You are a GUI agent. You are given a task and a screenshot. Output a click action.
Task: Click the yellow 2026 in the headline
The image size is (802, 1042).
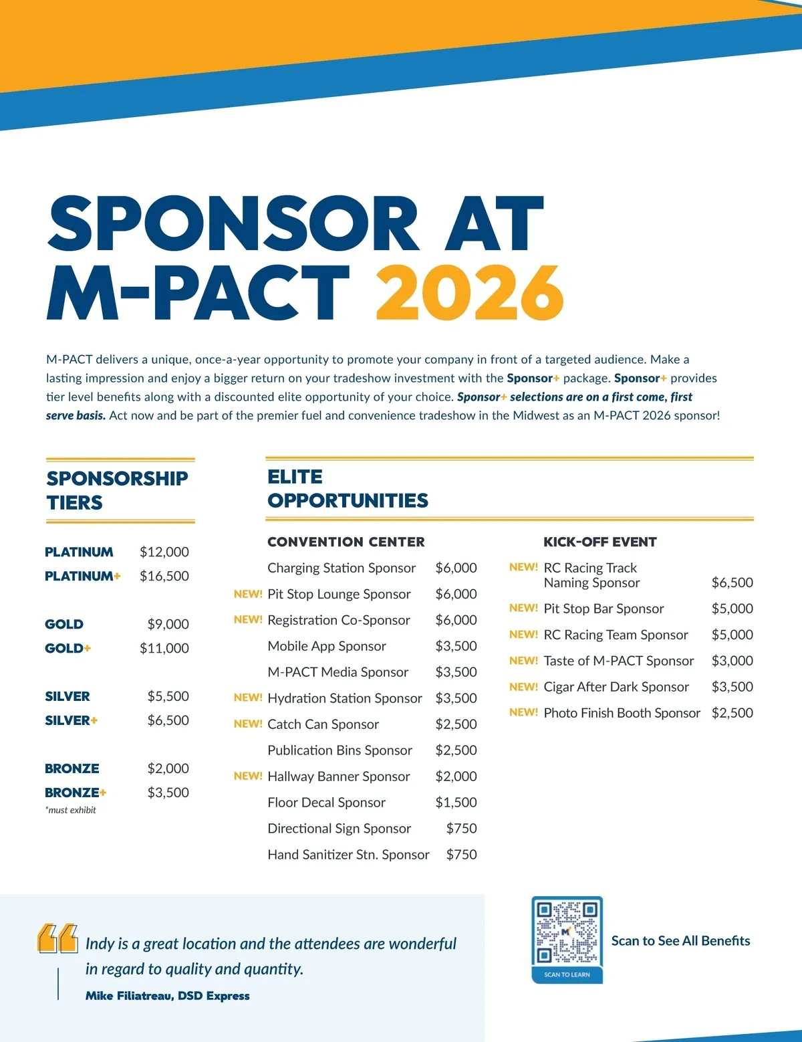[470, 292]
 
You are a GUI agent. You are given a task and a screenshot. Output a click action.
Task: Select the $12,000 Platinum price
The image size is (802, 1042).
[164, 552]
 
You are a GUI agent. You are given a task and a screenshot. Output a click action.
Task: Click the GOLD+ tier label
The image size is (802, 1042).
[68, 648]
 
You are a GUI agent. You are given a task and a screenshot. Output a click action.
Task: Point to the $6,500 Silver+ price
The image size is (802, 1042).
[168, 720]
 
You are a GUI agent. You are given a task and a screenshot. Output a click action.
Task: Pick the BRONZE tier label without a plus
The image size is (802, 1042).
[72, 768]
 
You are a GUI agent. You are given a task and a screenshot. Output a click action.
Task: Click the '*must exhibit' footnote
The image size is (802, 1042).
[71, 810]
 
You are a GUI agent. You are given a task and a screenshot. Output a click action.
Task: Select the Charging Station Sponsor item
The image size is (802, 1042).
[342, 568]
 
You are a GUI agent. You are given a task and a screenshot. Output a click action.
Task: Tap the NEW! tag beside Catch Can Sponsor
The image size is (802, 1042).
[248, 724]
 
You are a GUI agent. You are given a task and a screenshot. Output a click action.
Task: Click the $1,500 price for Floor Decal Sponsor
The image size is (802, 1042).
[456, 803]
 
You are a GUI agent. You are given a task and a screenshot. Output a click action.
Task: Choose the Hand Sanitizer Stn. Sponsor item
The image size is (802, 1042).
[348, 855]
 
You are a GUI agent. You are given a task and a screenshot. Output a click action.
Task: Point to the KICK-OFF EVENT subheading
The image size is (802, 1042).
[600, 542]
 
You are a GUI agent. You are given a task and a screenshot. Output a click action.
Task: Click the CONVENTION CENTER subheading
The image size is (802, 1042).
[346, 542]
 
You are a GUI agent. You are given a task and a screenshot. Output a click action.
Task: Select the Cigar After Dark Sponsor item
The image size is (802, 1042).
[616, 687]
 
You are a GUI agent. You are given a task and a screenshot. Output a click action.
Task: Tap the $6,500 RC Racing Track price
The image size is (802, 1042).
[732, 583]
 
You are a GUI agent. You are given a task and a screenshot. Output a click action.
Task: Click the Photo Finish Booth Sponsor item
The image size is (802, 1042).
[622, 713]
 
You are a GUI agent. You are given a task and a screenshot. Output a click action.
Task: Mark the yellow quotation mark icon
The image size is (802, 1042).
[57, 938]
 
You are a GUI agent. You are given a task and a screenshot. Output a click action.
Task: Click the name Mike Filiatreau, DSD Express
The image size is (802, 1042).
[168, 996]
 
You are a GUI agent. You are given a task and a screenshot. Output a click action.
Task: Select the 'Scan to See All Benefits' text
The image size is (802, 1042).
[680, 941]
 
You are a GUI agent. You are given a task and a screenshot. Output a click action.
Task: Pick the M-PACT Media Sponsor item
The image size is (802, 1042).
[338, 672]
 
